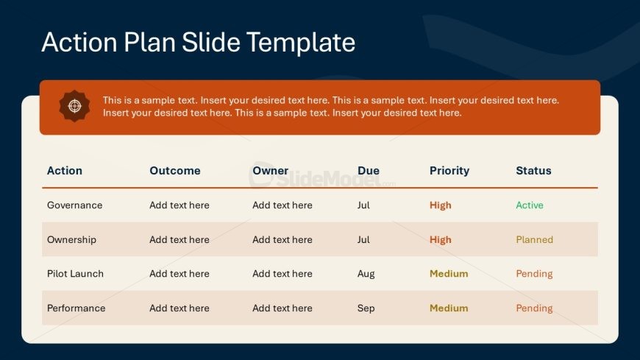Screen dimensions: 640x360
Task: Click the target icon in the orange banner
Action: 74,106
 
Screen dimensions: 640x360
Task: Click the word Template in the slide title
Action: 301,43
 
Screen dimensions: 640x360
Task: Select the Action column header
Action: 65,170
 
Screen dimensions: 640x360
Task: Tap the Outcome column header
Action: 174,170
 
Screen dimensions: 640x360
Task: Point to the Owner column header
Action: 270,170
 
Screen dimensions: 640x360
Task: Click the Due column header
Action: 368,170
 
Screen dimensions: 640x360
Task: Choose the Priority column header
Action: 449,171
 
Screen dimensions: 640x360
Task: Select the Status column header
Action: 533,170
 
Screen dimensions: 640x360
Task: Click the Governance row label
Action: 75,205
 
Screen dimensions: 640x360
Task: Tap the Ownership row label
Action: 71,240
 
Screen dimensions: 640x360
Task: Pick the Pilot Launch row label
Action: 75,274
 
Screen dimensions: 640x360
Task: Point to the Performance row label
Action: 76,308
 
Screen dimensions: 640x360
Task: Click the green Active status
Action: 530,205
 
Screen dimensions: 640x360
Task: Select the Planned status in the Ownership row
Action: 534,239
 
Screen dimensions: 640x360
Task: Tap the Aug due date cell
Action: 366,274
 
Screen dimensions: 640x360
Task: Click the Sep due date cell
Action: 366,308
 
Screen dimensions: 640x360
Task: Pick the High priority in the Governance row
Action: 441,205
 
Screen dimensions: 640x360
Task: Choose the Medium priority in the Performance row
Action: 449,308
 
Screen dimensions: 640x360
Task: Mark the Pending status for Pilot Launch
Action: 534,274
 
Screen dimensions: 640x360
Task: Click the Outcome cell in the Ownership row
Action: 179,239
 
